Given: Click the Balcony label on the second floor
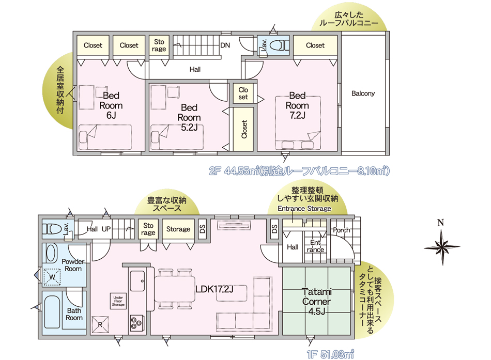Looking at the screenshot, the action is pyautogui.click(x=363, y=93).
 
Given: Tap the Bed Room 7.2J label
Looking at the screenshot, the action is pyautogui.click(x=297, y=105).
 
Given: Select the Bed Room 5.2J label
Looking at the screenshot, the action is pyautogui.click(x=189, y=117).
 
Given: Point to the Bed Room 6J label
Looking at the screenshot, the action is pyautogui.click(x=111, y=105).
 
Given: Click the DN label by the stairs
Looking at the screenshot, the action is pyautogui.click(x=225, y=45).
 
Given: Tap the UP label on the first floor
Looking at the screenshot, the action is pyautogui.click(x=106, y=229).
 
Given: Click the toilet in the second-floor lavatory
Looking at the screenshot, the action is pyautogui.click(x=279, y=45).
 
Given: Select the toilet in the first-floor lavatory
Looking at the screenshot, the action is pyautogui.click(x=52, y=229).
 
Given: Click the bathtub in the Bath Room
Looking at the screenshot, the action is pyautogui.click(x=52, y=312).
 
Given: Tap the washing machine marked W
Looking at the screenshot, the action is pyautogui.click(x=52, y=277).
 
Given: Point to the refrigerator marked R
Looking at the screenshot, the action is pyautogui.click(x=100, y=325).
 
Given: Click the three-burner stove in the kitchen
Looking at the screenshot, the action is pyautogui.click(x=137, y=322).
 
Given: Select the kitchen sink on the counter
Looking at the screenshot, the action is pyautogui.click(x=137, y=280).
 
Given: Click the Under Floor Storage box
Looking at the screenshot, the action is pyautogui.click(x=118, y=301).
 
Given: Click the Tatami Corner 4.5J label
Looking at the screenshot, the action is pyautogui.click(x=317, y=301).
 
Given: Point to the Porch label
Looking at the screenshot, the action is pyautogui.click(x=341, y=230).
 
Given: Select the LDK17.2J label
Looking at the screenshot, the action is pyautogui.click(x=214, y=289).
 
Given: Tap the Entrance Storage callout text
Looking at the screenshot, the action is pyautogui.click(x=304, y=209).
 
